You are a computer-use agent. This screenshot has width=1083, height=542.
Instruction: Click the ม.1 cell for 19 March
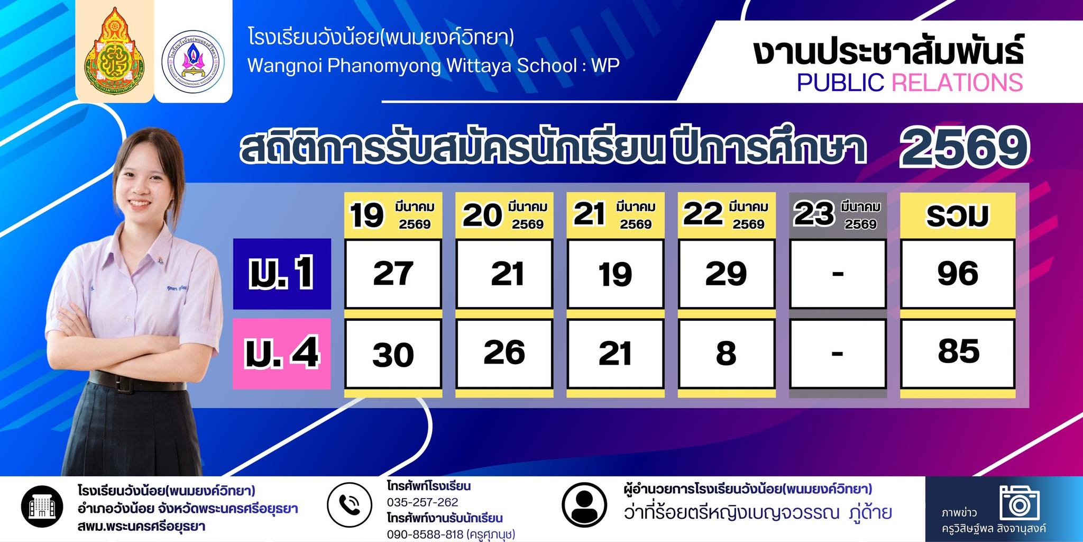coord(393,274)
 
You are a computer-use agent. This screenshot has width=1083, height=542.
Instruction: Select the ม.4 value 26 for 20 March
coord(504,353)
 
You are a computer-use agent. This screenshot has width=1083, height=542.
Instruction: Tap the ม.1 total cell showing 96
coord(958,274)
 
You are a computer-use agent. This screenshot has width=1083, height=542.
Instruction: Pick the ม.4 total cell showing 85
coord(958,353)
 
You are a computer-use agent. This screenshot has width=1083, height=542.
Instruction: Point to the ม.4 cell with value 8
coord(727,353)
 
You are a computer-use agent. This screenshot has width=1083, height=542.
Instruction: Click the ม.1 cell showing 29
coord(727,274)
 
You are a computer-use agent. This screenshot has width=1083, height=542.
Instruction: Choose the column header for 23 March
coord(838,214)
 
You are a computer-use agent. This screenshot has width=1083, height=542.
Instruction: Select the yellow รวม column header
coord(958,214)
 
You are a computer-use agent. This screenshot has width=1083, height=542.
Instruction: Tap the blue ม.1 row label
coord(282,274)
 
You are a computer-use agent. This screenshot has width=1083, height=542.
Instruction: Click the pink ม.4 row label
coord(282,354)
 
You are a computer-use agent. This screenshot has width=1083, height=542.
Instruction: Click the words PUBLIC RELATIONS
coord(910,83)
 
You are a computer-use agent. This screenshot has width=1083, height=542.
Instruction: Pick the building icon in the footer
coord(42,507)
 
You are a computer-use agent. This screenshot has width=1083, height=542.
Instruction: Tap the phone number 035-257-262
coord(423,502)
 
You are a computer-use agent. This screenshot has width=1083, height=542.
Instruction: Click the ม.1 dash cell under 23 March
coord(838,274)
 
